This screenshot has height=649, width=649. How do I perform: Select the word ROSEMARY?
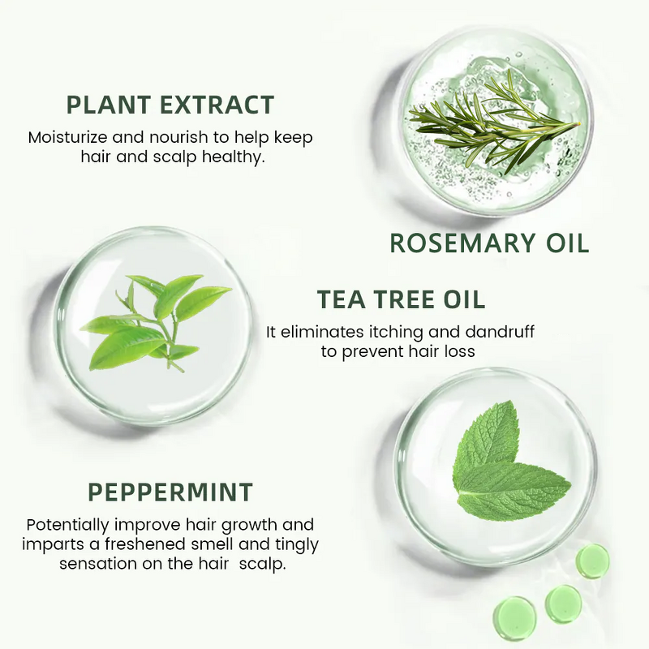pos(466,243)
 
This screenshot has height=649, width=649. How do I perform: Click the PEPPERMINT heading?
pos(170,492)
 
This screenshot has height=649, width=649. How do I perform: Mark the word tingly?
pos(294,544)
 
